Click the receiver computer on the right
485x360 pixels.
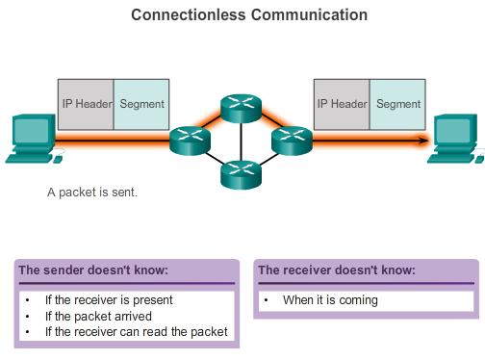click(x=457, y=139)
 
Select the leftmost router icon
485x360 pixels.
click(x=190, y=141)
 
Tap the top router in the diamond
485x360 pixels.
click(x=241, y=108)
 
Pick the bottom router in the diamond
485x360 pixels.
click(x=241, y=172)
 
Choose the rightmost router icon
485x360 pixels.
click(x=292, y=141)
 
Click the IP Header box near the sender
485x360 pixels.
click(x=86, y=104)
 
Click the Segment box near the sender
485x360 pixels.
click(x=141, y=104)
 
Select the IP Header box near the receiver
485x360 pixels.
click(x=343, y=104)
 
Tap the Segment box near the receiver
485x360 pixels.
click(x=398, y=104)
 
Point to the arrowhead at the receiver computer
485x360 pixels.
click(x=422, y=141)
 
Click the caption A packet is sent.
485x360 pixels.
click(x=92, y=193)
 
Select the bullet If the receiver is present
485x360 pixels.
click(x=111, y=300)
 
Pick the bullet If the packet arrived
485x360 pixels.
click(x=98, y=316)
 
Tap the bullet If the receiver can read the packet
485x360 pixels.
click(x=136, y=331)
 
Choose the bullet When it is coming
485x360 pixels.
click(x=330, y=300)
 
